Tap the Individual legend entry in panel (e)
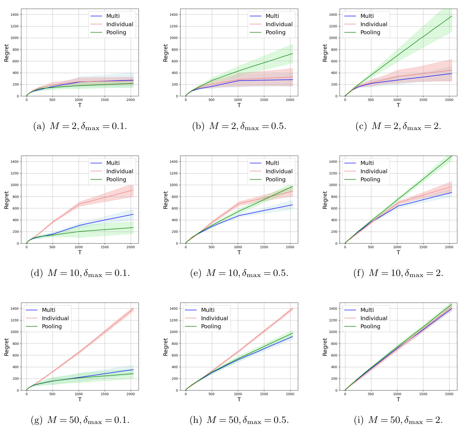(x=279, y=171)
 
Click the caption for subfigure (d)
(x=80, y=273)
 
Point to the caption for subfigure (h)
(x=239, y=420)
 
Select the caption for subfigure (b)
(x=239, y=126)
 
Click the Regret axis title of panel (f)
(x=325, y=200)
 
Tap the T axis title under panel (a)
(x=80, y=105)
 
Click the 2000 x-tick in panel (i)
(x=449, y=394)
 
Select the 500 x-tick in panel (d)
(x=52, y=247)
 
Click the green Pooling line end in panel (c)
(x=451, y=16)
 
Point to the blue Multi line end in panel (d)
(x=133, y=214)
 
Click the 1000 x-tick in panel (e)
(x=238, y=247)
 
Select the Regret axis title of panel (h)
(x=166, y=347)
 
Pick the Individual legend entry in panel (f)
(x=373, y=171)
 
